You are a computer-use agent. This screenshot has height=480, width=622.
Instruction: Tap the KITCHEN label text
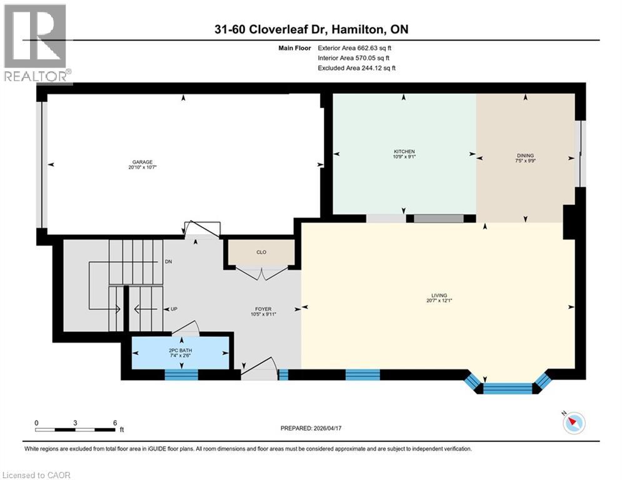click(x=404, y=152)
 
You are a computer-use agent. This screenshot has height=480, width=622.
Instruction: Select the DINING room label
click(x=525, y=156)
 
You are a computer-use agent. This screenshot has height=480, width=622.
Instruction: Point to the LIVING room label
click(x=438, y=296)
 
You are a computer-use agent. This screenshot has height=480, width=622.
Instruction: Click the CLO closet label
click(x=261, y=252)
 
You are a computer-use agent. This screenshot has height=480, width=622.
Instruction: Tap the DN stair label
click(x=168, y=261)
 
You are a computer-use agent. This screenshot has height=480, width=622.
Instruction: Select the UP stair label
click(x=174, y=309)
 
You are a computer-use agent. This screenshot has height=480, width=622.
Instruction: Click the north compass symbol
click(x=573, y=422)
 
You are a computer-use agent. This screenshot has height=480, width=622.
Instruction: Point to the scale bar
click(x=76, y=429)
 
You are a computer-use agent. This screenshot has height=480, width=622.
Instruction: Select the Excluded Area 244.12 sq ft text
click(x=357, y=68)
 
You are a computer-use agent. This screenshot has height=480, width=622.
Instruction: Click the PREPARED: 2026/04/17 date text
click(x=313, y=428)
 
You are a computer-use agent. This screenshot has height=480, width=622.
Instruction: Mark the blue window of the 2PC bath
click(x=181, y=374)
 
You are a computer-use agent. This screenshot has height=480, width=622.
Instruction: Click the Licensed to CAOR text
click(x=36, y=475)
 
